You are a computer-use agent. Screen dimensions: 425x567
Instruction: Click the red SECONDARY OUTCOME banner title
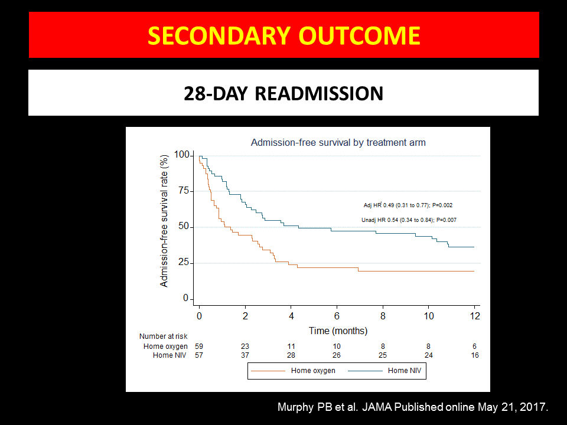point(283,35)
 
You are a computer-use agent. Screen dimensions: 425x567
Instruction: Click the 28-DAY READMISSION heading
point(283,93)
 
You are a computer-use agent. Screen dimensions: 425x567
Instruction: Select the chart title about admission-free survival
point(338,142)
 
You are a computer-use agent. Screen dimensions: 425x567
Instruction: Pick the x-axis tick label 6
point(337,316)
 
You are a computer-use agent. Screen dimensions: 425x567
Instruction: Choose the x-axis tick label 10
point(429,316)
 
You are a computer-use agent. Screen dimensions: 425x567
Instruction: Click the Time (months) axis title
point(338,331)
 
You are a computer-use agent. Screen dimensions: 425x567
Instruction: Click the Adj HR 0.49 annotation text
point(408,205)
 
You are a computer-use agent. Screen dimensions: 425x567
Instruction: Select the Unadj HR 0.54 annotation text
point(409,220)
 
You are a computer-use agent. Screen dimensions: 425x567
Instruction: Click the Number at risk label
point(164,336)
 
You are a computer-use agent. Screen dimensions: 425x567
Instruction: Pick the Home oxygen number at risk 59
point(199,346)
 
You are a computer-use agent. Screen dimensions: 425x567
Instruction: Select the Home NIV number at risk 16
point(474,355)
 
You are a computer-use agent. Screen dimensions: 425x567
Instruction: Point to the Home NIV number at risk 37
point(245,355)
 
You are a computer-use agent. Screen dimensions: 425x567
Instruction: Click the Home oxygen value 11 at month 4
point(291,346)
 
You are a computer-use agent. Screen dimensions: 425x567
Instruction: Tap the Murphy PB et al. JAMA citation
point(413,407)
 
